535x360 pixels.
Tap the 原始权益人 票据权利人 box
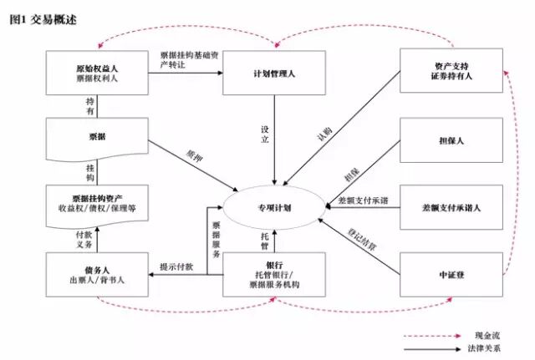tap(96, 71)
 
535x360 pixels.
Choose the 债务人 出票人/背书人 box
tap(96, 273)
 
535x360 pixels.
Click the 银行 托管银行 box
tap(275, 273)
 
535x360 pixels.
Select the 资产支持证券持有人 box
tap(451, 71)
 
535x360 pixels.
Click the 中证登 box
tap(451, 273)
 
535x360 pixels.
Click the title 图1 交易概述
tap(43, 19)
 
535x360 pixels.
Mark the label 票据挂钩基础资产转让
tap(186, 60)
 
